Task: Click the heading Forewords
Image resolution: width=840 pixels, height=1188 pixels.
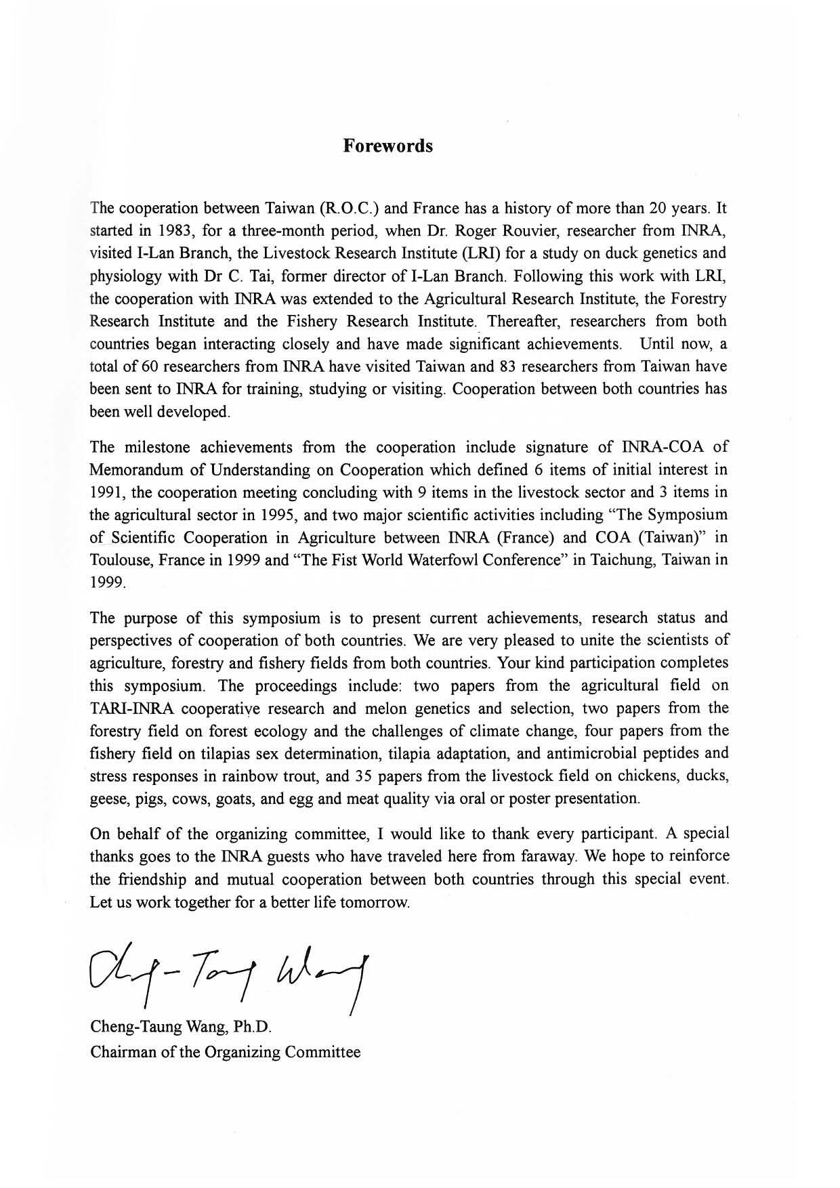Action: pos(387,146)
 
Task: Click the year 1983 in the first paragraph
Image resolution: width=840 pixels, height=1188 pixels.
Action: pos(166,230)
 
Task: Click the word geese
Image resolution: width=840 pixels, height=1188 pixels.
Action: pos(106,799)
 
